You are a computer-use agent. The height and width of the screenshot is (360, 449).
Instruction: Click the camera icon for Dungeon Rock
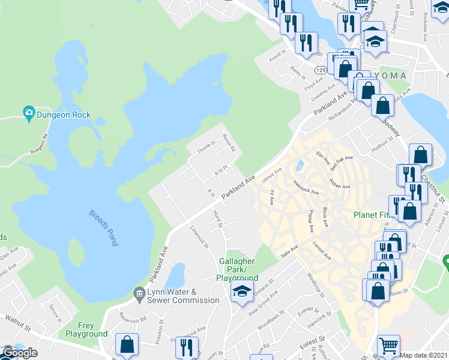click(x=28, y=113)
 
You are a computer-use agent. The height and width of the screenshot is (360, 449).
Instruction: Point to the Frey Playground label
click(x=86, y=329)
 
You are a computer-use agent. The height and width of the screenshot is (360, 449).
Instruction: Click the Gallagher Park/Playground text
click(x=238, y=269)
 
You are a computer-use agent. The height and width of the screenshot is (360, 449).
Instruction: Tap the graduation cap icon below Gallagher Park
click(x=242, y=292)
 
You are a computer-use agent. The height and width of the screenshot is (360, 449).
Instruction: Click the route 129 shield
click(x=322, y=70)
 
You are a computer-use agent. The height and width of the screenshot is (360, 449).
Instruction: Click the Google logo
click(x=20, y=352)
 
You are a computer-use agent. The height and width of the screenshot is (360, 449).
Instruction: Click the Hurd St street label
click(x=217, y=218)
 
